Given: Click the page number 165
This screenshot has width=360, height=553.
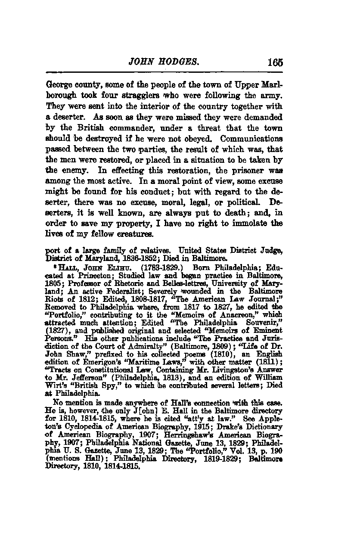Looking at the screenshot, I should point(274,62).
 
